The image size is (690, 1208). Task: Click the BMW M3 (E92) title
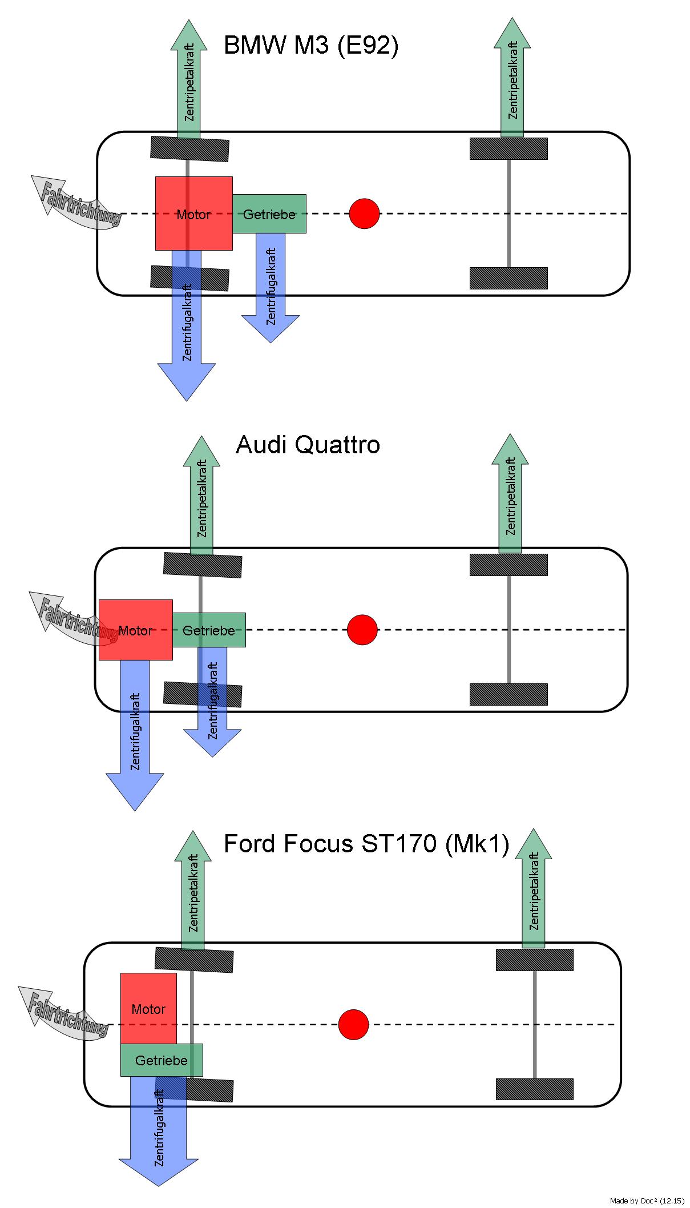[x=310, y=46]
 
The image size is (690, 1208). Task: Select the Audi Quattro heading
[x=308, y=445]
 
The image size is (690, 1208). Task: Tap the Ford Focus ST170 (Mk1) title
[x=366, y=844]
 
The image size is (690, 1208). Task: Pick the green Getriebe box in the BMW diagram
[x=269, y=214]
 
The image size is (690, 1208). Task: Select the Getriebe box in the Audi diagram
[x=209, y=630]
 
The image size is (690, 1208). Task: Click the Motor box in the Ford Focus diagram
[x=148, y=1008]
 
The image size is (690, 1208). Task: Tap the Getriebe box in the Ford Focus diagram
[x=162, y=1060]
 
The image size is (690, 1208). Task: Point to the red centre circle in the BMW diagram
[x=364, y=214]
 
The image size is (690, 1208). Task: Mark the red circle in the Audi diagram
[x=362, y=630]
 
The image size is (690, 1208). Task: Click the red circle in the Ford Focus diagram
[x=353, y=1025]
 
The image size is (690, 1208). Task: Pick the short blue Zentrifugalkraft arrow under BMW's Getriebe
[x=271, y=285]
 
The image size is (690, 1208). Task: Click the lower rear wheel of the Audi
[x=509, y=694]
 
